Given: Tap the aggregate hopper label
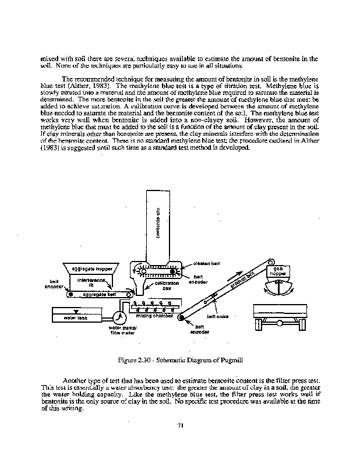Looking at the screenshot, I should point(92,269).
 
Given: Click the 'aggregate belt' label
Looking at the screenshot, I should point(93,295).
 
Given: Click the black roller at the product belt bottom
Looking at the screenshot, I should point(181,317).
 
